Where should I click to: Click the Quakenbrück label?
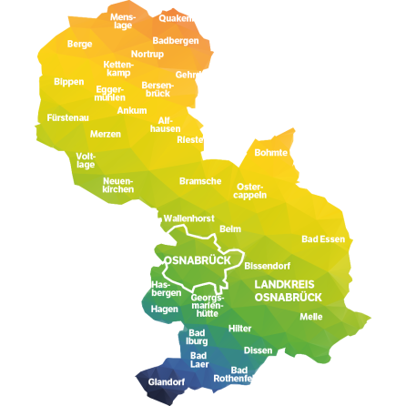click(x=188, y=17)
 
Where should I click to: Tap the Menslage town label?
click(x=122, y=21)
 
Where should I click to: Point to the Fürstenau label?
click(x=68, y=117)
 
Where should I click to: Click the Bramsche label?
click(x=199, y=180)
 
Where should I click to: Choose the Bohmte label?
click(x=270, y=152)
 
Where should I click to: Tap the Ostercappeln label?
click(x=250, y=190)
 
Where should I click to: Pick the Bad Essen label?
click(x=323, y=239)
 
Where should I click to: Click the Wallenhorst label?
click(x=188, y=218)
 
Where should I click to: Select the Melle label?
click(x=311, y=317)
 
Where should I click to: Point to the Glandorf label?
click(x=167, y=382)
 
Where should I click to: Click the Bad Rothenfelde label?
click(x=238, y=374)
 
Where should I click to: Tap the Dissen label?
click(x=259, y=350)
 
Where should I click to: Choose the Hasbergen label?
click(x=166, y=289)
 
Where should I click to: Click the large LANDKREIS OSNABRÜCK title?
click(x=288, y=290)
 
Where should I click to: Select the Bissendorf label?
click(x=268, y=267)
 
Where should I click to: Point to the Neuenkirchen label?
click(x=118, y=185)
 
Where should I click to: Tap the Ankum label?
click(x=131, y=110)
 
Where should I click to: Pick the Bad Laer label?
click(x=199, y=359)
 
